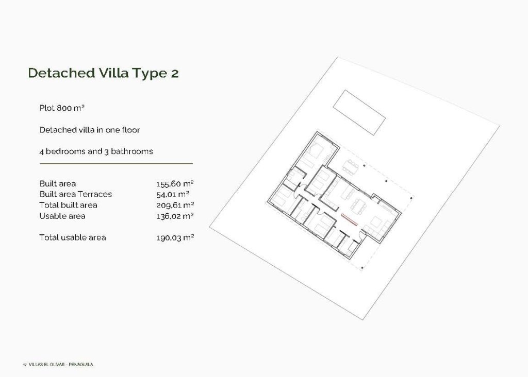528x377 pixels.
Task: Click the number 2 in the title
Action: point(174,73)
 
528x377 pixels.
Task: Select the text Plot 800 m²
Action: point(62,108)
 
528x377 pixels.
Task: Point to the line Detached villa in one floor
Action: point(90,130)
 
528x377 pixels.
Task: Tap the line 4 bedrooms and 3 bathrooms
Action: point(96,151)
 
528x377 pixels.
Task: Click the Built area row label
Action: point(57,183)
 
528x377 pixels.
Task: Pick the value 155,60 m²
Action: point(174,183)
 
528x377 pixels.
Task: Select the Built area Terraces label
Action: point(75,194)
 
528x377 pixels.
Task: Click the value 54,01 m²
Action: point(172,194)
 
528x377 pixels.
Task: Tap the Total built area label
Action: point(68,205)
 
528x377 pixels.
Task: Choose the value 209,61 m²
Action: point(174,205)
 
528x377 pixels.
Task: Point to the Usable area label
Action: point(62,216)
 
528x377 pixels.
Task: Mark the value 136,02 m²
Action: point(174,216)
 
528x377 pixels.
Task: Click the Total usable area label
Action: point(73,237)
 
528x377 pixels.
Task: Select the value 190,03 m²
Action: point(174,237)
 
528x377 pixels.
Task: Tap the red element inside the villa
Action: point(349,219)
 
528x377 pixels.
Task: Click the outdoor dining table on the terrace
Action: point(352,166)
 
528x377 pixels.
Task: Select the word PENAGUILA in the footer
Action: point(81,365)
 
